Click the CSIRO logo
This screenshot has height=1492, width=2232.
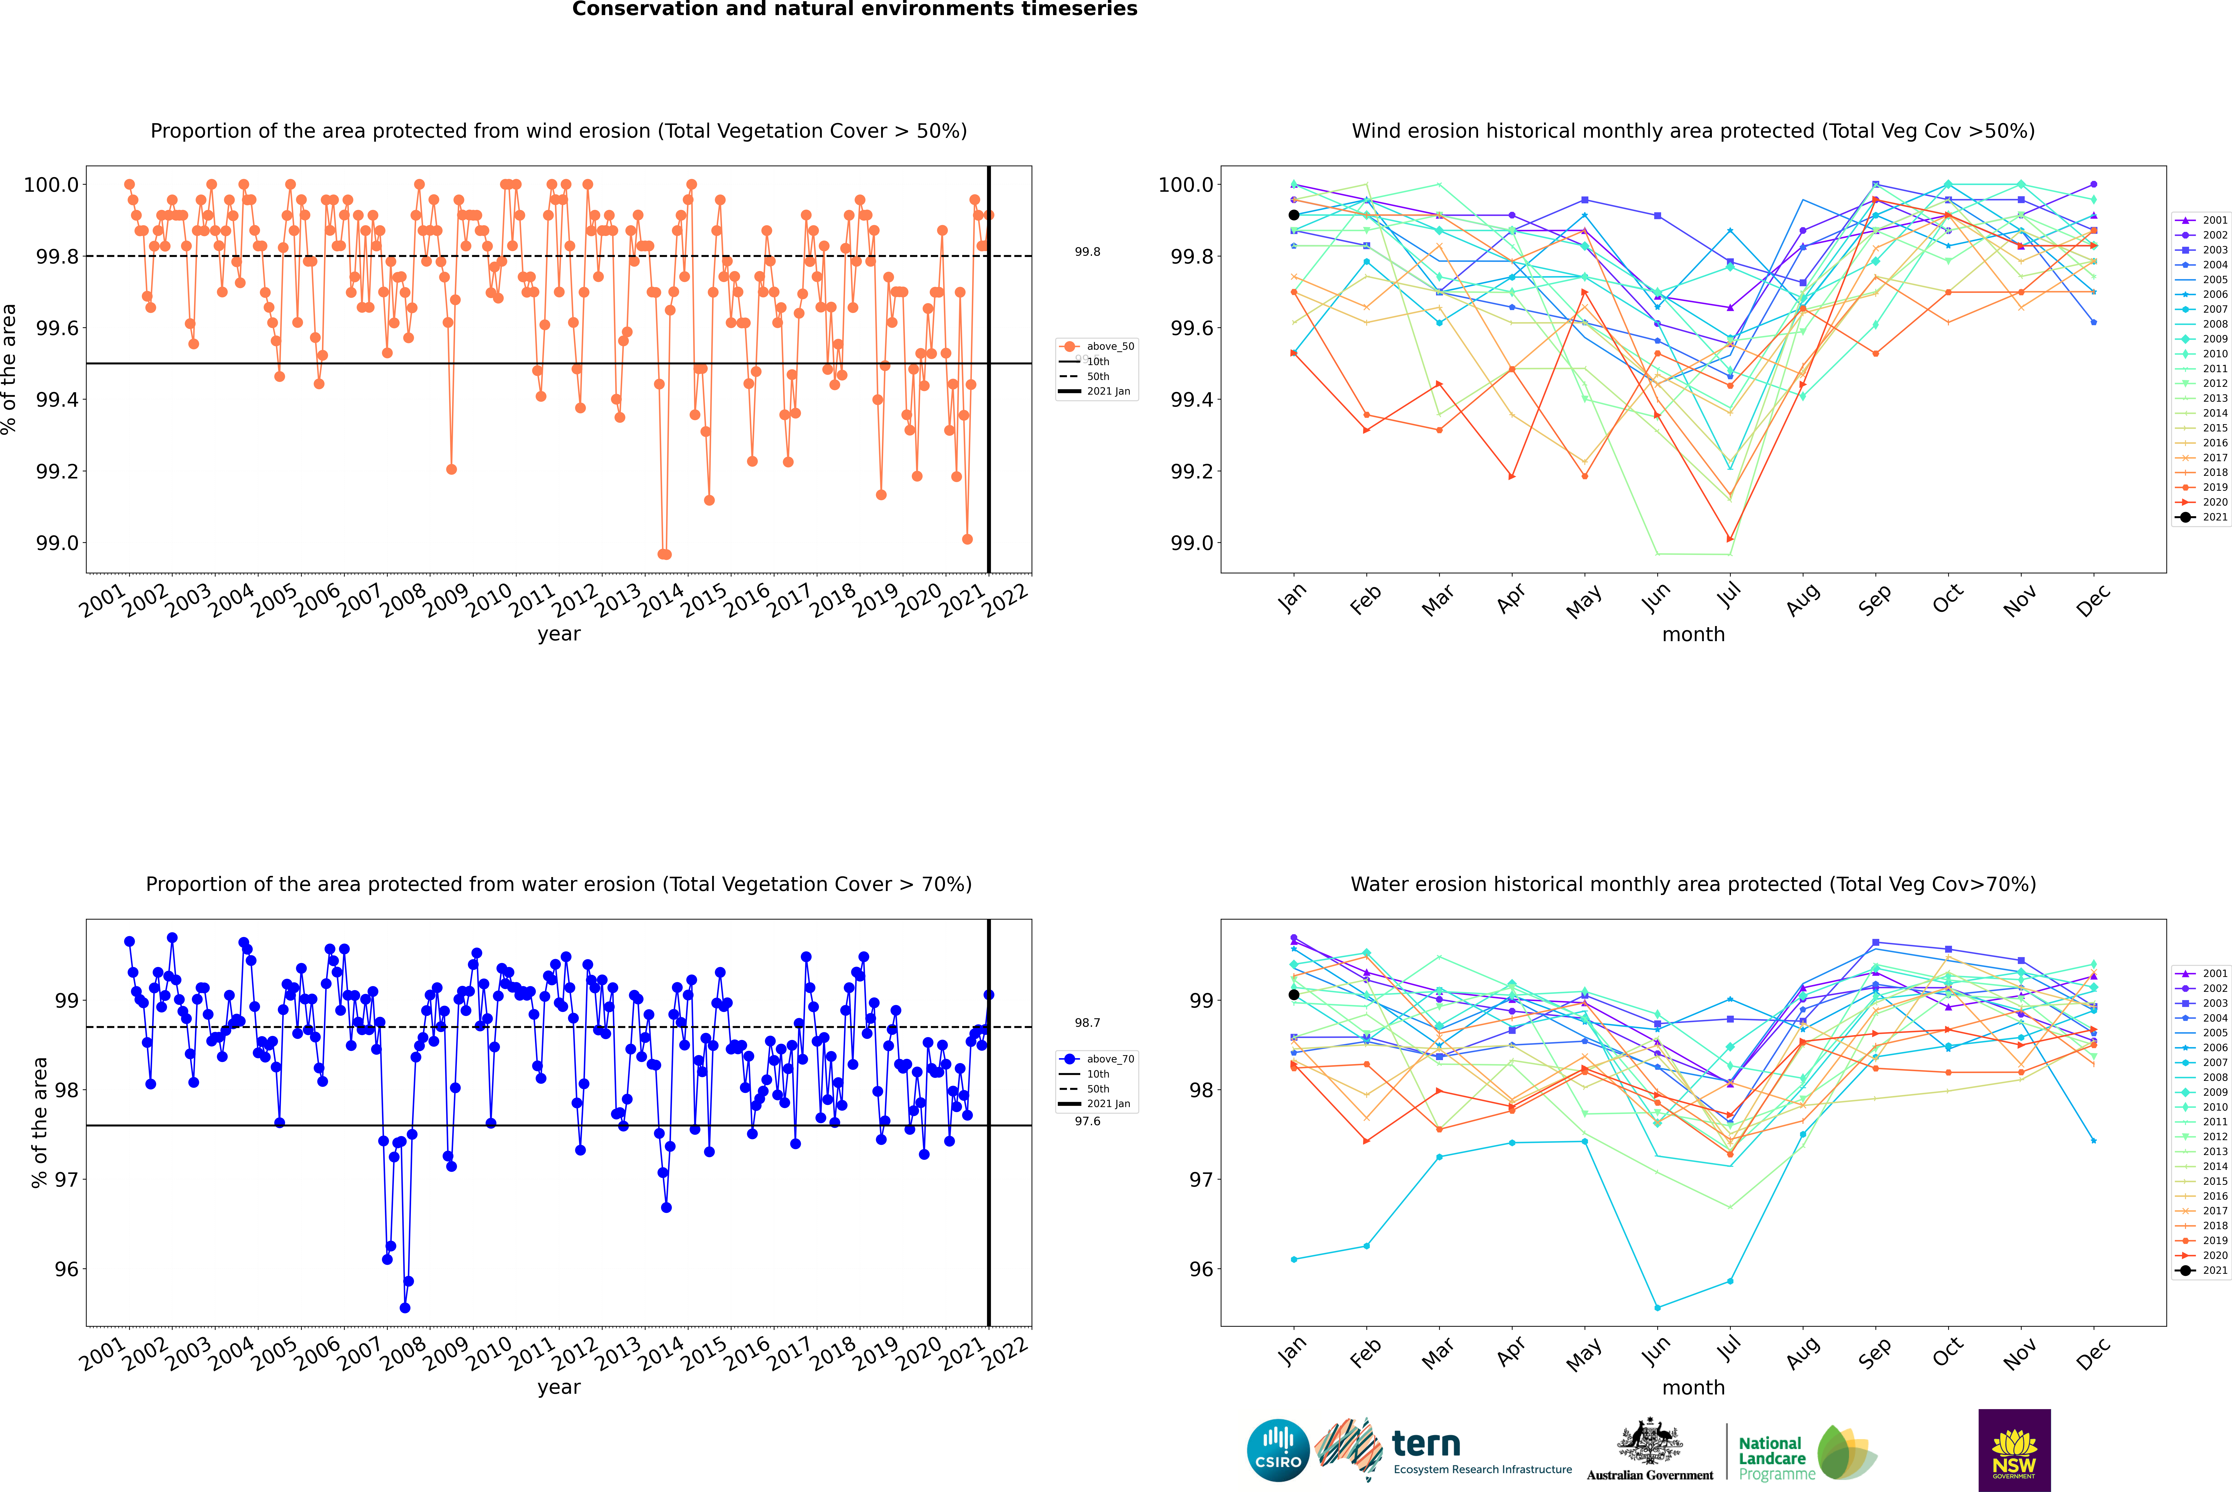tap(1278, 1450)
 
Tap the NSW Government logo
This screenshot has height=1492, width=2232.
tap(2014, 1450)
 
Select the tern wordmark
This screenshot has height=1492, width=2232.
tap(1425, 1445)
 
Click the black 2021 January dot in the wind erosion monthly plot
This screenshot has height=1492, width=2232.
tap(1294, 215)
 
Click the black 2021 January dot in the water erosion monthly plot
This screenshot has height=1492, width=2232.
tap(1294, 995)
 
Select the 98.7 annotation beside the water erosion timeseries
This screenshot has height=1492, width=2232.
tap(1088, 1023)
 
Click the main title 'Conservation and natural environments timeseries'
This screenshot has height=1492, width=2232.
tap(854, 9)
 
